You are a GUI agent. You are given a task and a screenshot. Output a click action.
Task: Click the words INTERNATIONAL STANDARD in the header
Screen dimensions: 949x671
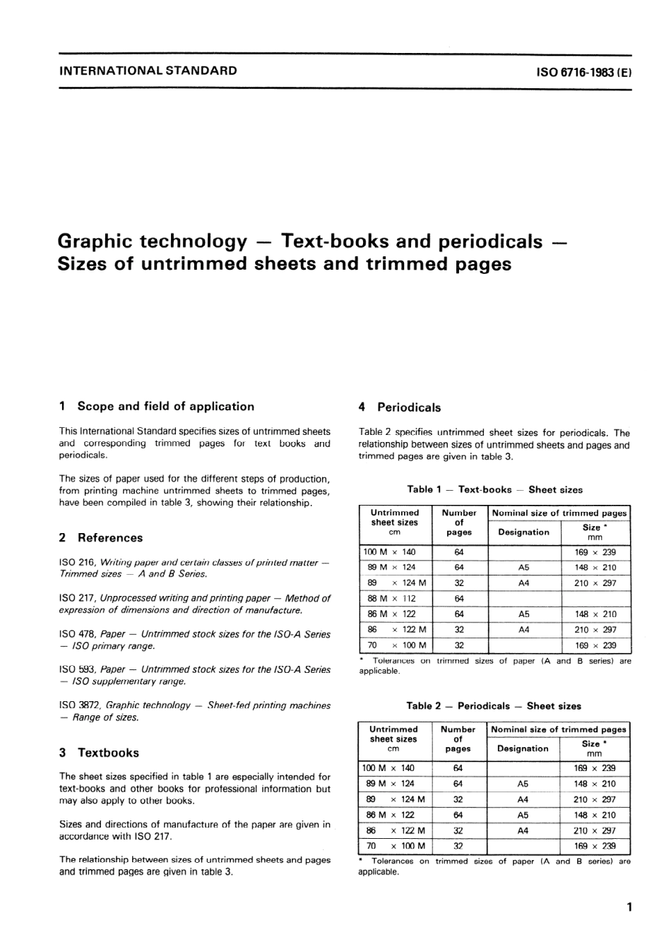point(148,71)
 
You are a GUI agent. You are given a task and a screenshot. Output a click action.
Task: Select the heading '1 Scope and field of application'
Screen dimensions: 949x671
point(157,407)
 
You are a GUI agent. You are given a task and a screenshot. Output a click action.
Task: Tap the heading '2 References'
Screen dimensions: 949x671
point(101,538)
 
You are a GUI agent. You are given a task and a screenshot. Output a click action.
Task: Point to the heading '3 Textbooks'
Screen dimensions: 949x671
point(100,753)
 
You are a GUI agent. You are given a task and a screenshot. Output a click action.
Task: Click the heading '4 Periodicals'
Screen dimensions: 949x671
point(400,407)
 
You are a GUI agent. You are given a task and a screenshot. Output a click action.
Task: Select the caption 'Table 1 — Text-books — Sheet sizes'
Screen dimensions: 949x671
point(494,489)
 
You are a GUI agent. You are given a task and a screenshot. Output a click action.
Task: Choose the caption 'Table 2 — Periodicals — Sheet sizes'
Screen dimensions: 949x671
point(494,706)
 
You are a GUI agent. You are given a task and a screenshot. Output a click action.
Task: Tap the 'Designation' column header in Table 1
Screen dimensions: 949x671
point(523,532)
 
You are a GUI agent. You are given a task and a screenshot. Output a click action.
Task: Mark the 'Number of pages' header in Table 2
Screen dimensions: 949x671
point(458,739)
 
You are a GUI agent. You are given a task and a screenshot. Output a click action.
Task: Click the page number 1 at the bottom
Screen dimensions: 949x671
point(629,907)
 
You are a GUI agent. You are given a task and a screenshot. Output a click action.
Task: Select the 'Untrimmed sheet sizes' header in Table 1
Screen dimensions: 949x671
point(395,522)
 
